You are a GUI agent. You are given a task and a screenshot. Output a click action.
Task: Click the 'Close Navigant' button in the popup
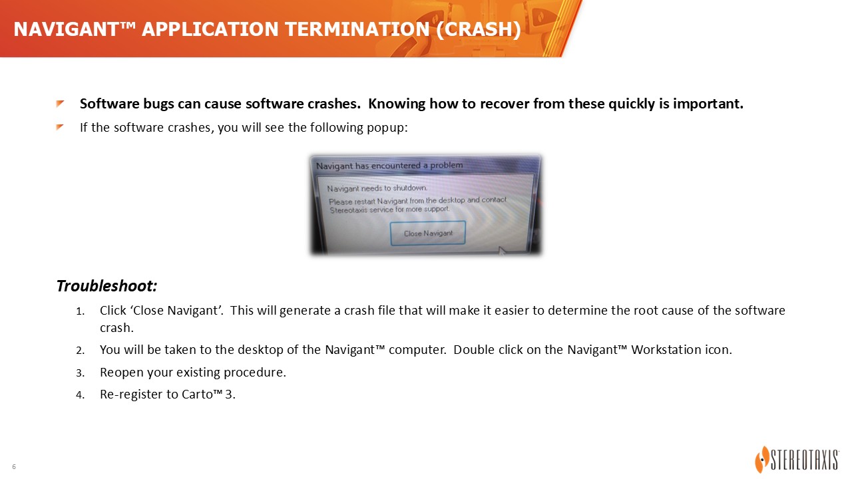click(x=428, y=233)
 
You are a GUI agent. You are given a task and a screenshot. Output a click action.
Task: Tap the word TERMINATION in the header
click(x=357, y=29)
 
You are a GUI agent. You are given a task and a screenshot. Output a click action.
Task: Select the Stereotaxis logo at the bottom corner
click(x=797, y=459)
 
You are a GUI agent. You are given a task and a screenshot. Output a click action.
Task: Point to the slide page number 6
click(x=14, y=466)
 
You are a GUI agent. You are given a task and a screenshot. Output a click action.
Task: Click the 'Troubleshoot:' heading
click(x=107, y=286)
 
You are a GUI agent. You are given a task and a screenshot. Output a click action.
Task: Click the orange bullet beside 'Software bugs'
click(x=60, y=103)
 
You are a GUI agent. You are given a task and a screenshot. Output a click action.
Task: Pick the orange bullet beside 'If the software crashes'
click(x=60, y=126)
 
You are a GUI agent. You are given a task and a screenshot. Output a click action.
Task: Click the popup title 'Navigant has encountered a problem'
click(x=389, y=166)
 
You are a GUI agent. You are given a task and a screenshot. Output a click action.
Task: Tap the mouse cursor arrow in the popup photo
click(x=502, y=251)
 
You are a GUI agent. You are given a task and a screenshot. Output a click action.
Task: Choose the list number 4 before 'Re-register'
click(x=81, y=395)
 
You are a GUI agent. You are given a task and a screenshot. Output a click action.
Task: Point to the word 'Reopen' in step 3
click(x=122, y=373)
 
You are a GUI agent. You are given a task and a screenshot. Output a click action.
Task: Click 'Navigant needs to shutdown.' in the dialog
click(x=377, y=188)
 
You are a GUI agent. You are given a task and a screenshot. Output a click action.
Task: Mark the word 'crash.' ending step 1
click(x=116, y=328)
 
